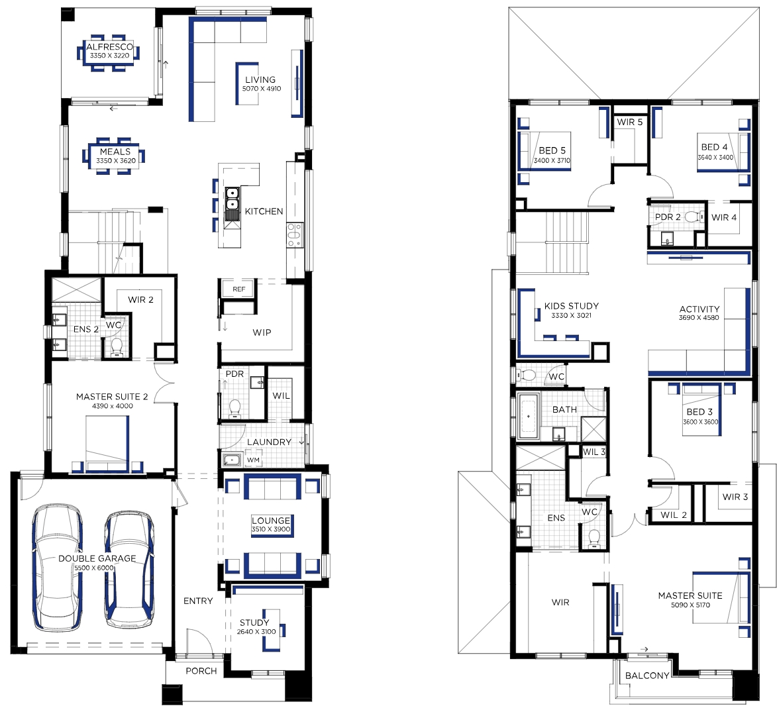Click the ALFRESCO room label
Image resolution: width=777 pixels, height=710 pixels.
click(x=109, y=47)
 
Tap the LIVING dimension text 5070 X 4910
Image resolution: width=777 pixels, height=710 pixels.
click(x=262, y=89)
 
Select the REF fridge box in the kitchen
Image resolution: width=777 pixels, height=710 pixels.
click(x=239, y=289)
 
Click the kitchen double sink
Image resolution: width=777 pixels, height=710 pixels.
click(x=232, y=204)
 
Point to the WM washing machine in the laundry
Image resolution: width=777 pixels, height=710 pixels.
click(x=253, y=460)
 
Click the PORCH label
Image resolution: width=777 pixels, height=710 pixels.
click(x=201, y=671)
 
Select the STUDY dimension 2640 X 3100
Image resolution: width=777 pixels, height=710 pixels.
click(x=256, y=632)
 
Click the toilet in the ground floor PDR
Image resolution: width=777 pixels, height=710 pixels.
click(x=234, y=408)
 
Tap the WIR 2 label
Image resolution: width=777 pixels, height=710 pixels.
click(x=140, y=300)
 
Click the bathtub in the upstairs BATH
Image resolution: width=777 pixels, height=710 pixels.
click(x=528, y=416)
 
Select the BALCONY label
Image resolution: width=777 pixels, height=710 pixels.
click(x=647, y=676)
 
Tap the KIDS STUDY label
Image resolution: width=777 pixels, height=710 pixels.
click(x=572, y=306)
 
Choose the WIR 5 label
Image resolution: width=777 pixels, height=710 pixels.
click(x=630, y=122)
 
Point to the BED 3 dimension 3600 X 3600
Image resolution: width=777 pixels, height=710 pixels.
click(x=701, y=422)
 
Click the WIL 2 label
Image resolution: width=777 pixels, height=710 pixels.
click(x=674, y=515)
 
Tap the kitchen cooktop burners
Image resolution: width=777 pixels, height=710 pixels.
click(x=294, y=235)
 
